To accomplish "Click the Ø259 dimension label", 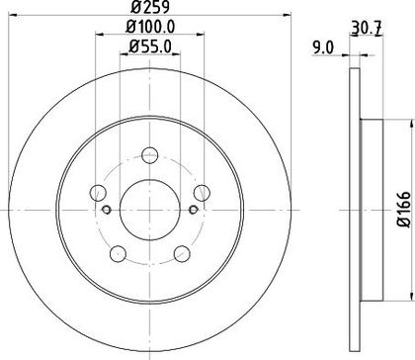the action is [150, 7].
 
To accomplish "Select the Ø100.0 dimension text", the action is [150, 27].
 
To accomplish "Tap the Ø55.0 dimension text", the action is [150, 46].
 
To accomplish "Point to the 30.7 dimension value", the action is [367, 28].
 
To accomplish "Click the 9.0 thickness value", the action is [323, 47].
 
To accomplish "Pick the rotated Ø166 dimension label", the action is [404, 209].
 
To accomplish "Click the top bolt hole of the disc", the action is [150, 155].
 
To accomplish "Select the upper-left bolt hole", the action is [98, 193].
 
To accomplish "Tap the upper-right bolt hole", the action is [202, 193].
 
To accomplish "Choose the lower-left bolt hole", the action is [118, 254].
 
